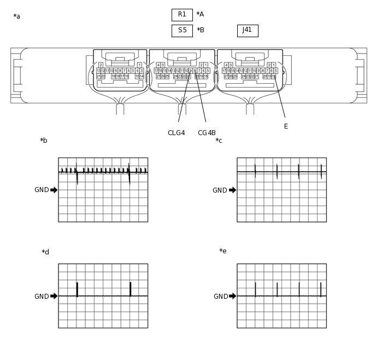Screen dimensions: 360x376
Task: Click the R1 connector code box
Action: coord(182,15)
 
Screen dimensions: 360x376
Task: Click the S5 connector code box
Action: coord(182,31)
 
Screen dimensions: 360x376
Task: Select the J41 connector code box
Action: coord(248,31)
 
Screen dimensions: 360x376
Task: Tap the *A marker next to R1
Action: coord(200,15)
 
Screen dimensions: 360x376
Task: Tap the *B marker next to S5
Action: coord(201,31)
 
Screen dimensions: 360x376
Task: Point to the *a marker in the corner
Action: coord(17,17)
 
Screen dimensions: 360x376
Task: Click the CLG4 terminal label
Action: coord(176,133)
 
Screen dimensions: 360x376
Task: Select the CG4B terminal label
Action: coord(207,133)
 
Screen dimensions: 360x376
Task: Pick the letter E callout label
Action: coord(286,126)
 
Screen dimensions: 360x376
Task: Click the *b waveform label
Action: coord(44,141)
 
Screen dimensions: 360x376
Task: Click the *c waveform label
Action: coord(219,141)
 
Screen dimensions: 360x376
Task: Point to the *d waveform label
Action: coord(45,253)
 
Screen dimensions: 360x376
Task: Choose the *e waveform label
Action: coord(223,252)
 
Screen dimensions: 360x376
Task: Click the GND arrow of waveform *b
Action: coord(54,190)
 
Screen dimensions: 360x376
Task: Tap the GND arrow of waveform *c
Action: coord(233,190)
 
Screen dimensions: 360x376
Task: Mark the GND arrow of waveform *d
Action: coord(54,296)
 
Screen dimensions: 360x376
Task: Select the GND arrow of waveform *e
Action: coord(233,296)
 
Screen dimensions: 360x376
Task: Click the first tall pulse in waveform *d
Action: coord(77,289)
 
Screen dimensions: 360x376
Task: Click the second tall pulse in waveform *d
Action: coord(130,289)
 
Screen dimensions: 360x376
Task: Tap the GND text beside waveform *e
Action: coord(221,297)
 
